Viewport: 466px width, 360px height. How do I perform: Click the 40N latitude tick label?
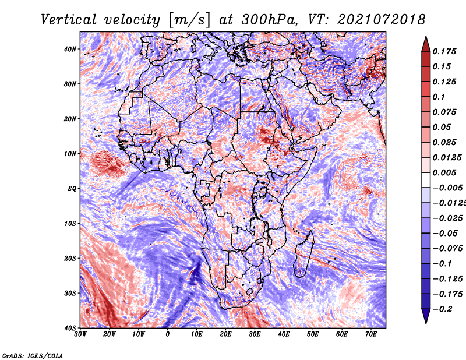70,49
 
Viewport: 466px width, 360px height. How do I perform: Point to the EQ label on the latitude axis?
72,189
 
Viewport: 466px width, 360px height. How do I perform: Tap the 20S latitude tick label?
70,258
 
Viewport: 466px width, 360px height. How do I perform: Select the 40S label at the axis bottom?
70,328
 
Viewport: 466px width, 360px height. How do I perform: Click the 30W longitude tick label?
80,334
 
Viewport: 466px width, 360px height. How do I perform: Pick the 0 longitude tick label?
168,334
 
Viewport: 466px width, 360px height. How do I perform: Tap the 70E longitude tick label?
371,334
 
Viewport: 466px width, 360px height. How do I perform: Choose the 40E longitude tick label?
284,334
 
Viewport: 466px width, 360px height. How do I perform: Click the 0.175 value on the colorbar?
444,51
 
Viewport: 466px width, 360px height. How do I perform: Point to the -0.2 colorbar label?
443,309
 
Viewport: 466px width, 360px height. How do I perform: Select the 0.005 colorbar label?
444,172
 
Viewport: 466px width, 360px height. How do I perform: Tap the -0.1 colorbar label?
442,264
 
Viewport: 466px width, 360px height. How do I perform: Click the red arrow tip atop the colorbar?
426,37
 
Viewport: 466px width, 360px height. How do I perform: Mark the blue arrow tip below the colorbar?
426,323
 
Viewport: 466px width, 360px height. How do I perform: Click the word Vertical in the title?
69,20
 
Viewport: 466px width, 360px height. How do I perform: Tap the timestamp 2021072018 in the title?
382,20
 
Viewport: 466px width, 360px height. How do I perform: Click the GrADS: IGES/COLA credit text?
33,355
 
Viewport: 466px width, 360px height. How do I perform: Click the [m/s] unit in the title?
189,20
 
